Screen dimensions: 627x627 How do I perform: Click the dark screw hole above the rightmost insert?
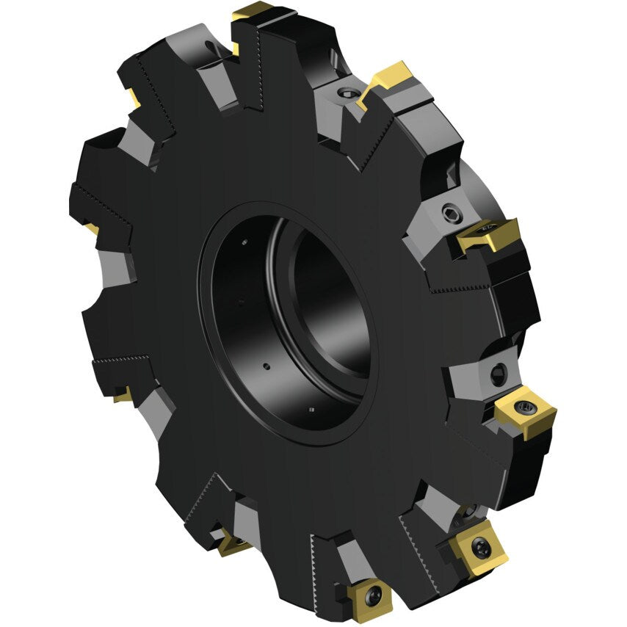(499, 373)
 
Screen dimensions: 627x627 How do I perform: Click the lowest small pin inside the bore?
(311, 409)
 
